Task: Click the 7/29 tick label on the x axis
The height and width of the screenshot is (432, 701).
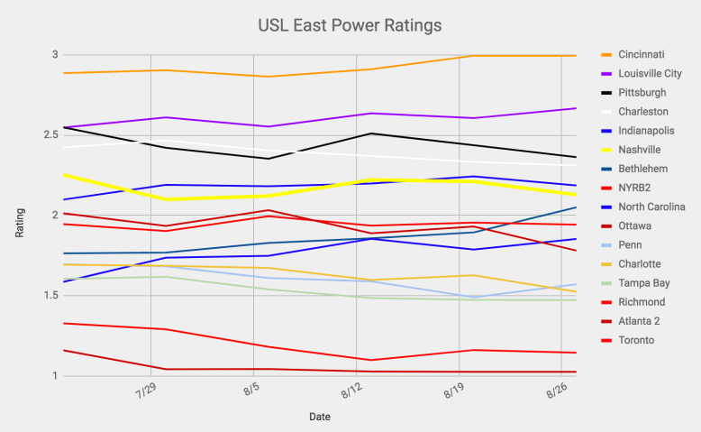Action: [x=149, y=395]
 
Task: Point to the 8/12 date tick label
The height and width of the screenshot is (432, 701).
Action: [x=354, y=395]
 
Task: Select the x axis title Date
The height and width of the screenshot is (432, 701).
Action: [x=319, y=418]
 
